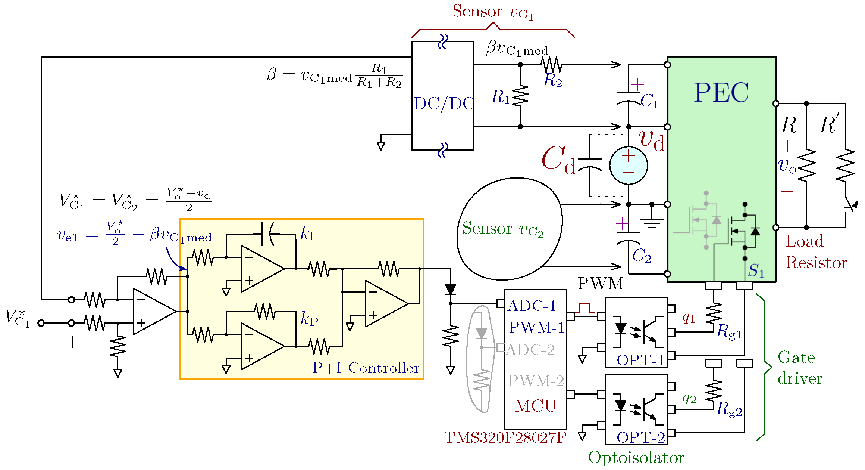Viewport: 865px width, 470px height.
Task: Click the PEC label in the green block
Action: (721, 92)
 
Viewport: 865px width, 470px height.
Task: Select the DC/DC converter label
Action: (444, 104)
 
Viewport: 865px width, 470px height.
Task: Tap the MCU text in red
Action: (535, 406)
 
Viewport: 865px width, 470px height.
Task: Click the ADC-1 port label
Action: (532, 306)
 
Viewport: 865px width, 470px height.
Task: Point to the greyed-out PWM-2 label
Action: (536, 381)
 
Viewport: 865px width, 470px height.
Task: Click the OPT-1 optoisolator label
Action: (640, 360)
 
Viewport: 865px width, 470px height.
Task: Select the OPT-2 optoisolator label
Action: (640, 437)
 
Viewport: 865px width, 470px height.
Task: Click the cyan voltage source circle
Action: (628, 166)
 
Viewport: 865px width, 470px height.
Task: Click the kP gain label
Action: (309, 319)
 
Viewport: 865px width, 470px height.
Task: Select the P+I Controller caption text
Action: (366, 368)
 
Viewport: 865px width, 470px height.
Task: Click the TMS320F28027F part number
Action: (505, 437)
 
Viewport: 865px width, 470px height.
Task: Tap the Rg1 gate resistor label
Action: (728, 332)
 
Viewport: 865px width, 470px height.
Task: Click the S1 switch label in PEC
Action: (756, 270)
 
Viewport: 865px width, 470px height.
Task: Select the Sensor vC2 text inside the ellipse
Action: (502, 229)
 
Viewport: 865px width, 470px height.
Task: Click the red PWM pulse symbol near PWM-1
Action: (585, 309)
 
